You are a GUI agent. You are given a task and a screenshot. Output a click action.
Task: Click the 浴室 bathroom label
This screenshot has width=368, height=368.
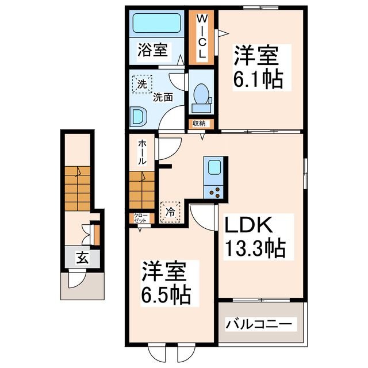click(x=153, y=51)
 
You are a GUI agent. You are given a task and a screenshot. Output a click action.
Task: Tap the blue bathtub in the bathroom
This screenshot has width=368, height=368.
click(x=156, y=24)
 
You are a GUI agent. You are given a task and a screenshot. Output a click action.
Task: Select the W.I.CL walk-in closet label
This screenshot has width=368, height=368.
click(x=202, y=37)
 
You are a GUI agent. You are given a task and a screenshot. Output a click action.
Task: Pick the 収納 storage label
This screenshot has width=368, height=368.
click(x=199, y=123)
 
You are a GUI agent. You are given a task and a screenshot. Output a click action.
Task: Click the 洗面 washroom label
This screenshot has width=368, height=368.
click(x=163, y=97)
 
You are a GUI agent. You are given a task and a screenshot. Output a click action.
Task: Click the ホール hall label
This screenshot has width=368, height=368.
click(x=141, y=153)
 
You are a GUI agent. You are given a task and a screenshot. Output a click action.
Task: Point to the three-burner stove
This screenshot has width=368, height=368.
click(x=215, y=191)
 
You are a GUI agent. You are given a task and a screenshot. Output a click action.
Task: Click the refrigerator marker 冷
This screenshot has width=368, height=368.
click(x=171, y=212)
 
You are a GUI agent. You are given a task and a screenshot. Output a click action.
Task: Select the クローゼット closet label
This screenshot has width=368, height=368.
click(x=141, y=218)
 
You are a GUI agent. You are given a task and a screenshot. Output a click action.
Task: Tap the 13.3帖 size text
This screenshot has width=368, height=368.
click(x=252, y=249)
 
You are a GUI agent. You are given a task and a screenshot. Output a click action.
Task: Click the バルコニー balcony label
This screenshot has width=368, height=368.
click(x=262, y=323)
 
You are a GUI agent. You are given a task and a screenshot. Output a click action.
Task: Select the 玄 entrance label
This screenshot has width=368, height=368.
click(x=83, y=258)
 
